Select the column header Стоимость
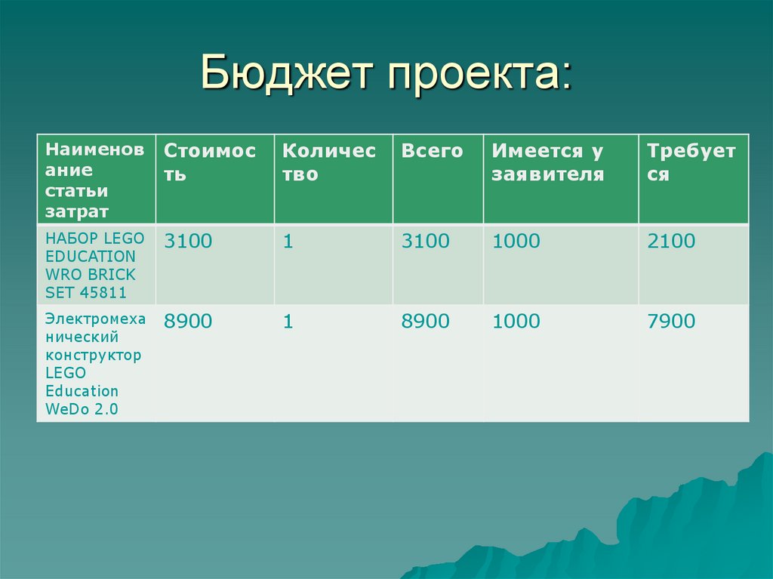[x=210, y=163]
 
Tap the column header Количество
[x=328, y=163]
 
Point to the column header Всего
[x=432, y=151]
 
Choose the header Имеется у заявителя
[x=548, y=163]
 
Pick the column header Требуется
[x=691, y=163]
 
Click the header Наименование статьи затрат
[x=94, y=180]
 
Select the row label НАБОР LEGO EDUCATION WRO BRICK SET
[x=91, y=265]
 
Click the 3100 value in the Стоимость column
[x=189, y=242]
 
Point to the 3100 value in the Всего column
[x=425, y=242]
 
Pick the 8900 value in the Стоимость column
[x=189, y=322]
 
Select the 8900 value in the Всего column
[x=425, y=322]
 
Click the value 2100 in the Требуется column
[x=671, y=242]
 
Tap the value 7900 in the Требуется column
[x=671, y=322]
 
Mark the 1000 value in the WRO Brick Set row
[x=516, y=242]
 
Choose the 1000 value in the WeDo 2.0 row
[x=516, y=322]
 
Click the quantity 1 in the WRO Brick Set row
[x=288, y=242]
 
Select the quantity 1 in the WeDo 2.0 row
[x=288, y=322]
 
